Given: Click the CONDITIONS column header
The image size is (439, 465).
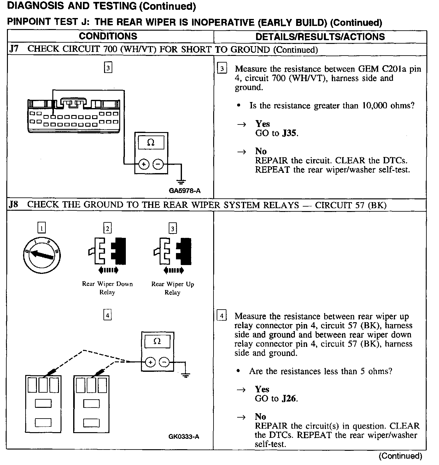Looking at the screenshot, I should pyautogui.click(x=108, y=36).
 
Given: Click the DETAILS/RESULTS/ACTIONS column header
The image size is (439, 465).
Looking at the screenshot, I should pyautogui.click(x=320, y=37).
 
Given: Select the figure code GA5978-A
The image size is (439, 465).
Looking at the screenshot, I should pyautogui.click(x=184, y=191).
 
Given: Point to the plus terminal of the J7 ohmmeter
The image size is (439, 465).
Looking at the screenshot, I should pyautogui.click(x=144, y=164).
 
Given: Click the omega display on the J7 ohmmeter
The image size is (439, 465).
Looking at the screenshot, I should pyautogui.click(x=151, y=143).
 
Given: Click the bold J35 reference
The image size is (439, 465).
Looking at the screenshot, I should pyautogui.click(x=289, y=133).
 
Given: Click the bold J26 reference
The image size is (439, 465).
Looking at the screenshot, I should pyautogui.click(x=289, y=399).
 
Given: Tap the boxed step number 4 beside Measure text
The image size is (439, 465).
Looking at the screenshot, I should pyautogui.click(x=222, y=316).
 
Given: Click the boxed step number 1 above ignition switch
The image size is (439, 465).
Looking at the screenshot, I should pyautogui.click(x=41, y=228).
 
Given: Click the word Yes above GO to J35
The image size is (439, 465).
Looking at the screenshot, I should pyautogui.click(x=262, y=124).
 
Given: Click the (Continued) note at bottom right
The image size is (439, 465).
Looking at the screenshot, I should pyautogui.click(x=400, y=456).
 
